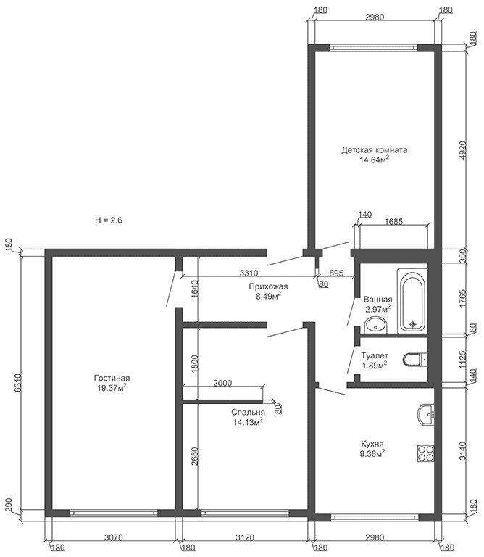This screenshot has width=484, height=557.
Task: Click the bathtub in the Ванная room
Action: pyautogui.click(x=412, y=301)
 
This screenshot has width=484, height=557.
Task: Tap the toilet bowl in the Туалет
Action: pyautogui.click(x=415, y=360)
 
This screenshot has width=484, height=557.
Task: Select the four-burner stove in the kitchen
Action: pyautogui.click(x=425, y=453)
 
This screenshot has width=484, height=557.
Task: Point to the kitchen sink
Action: pyautogui.click(x=426, y=415)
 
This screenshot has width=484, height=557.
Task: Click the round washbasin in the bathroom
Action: pyautogui.click(x=376, y=325)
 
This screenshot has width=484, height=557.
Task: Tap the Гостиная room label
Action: pyautogui.click(x=112, y=378)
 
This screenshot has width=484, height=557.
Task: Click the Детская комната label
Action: pyautogui.click(x=375, y=150)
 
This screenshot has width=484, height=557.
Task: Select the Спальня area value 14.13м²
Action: pyautogui.click(x=248, y=422)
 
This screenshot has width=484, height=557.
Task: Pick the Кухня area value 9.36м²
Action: pyautogui.click(x=372, y=453)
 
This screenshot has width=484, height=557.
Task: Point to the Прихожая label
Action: pyautogui.click(x=268, y=286)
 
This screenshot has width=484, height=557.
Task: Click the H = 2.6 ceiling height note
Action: pyautogui.click(x=109, y=220)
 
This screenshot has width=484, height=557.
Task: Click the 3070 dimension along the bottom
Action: pyautogui.click(x=114, y=537)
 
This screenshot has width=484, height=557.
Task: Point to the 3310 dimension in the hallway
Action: pyautogui.click(x=249, y=273)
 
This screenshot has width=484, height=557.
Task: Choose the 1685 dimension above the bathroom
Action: pyautogui.click(x=394, y=222)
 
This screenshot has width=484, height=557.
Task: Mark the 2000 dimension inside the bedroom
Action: pyautogui.click(x=222, y=383)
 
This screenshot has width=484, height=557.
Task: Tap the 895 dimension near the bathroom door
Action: pyautogui.click(x=336, y=273)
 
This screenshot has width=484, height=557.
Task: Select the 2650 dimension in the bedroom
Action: pyautogui.click(x=194, y=456)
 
